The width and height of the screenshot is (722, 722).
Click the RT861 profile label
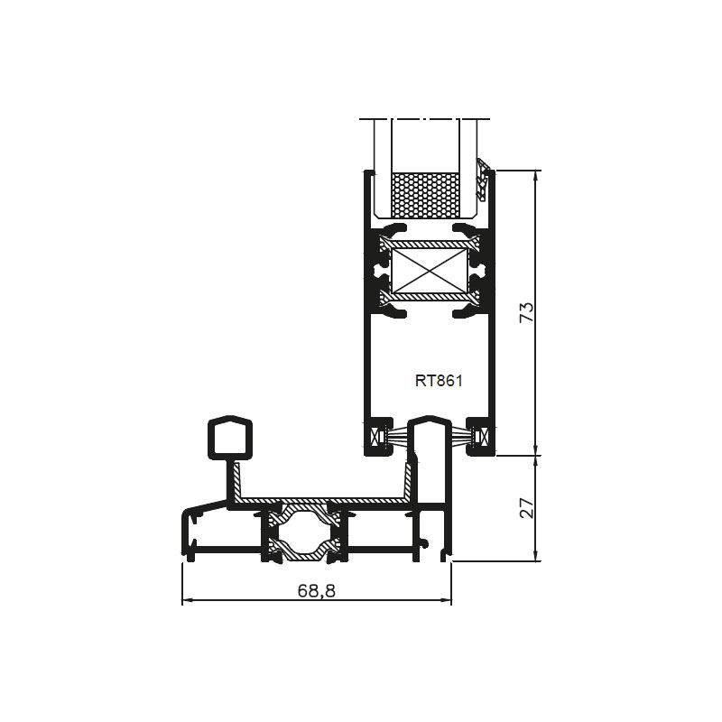tap(439, 381)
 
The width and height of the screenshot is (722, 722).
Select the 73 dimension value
tap(527, 312)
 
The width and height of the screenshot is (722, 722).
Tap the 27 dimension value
tap(527, 508)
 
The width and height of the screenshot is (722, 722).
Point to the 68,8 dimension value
tap(317, 590)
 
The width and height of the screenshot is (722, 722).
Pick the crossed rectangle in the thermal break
tap(430, 271)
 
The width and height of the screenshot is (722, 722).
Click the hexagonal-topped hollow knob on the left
tap(230, 438)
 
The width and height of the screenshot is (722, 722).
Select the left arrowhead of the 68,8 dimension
tap(188, 600)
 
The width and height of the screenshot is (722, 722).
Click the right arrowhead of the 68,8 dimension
tap(446, 600)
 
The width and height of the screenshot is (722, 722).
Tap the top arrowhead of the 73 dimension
tap(535, 176)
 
